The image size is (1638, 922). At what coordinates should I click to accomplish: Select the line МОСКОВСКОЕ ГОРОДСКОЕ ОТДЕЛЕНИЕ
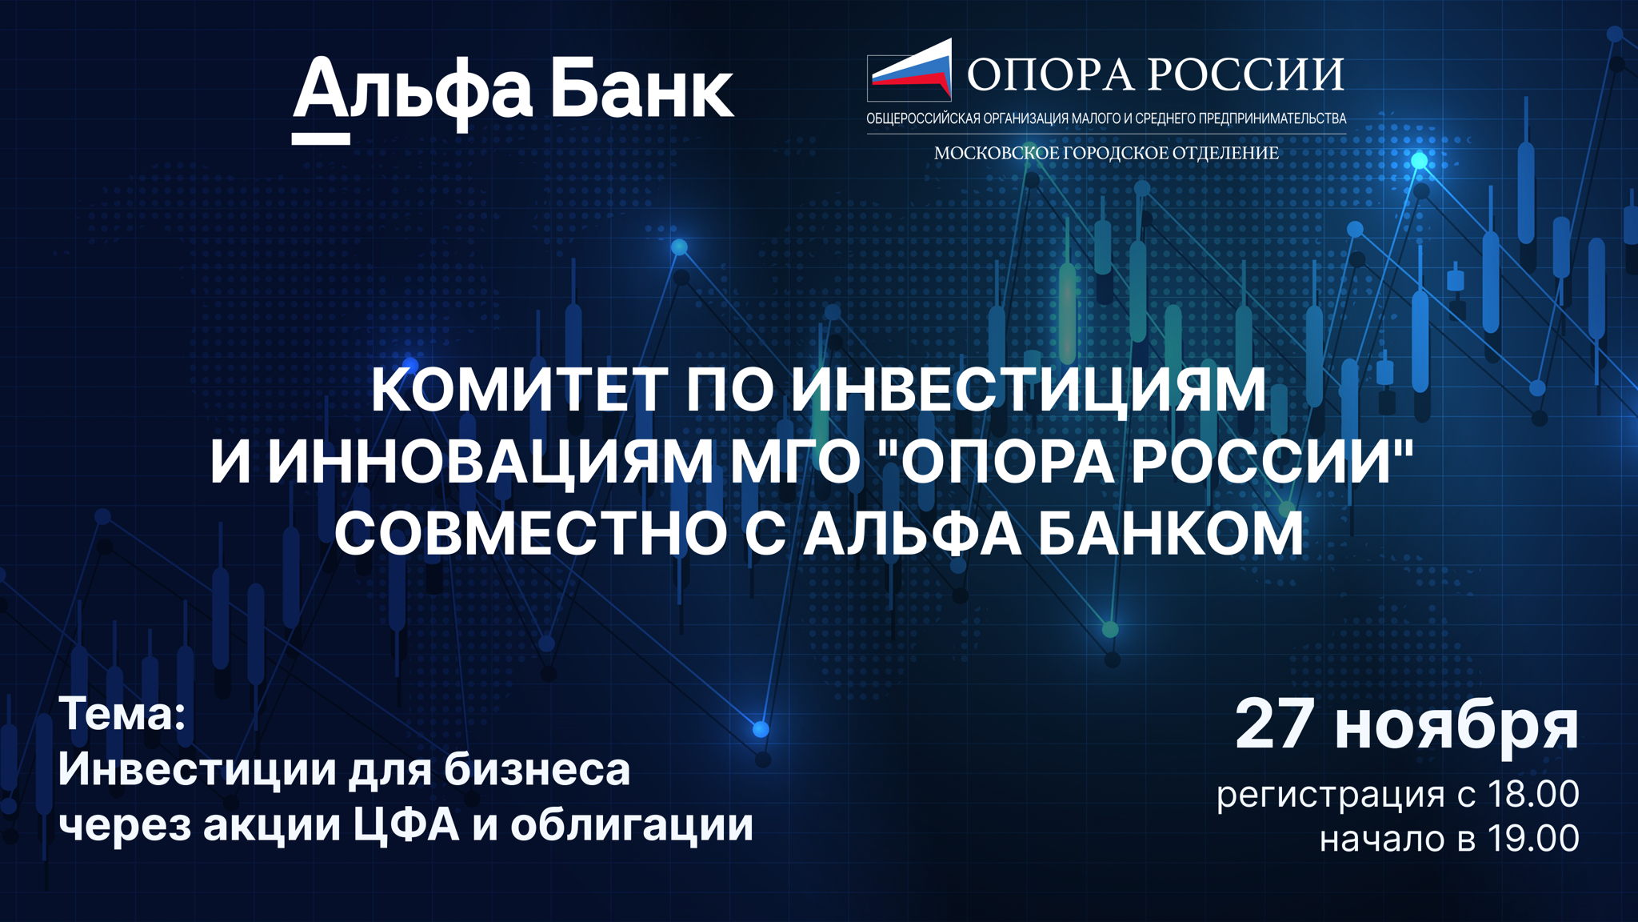(x=1106, y=153)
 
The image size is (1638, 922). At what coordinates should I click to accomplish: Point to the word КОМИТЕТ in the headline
(x=518, y=389)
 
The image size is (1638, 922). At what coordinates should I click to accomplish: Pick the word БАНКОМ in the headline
(x=1172, y=533)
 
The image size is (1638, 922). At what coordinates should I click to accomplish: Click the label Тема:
(x=122, y=713)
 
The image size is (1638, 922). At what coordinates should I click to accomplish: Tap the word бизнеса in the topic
(x=537, y=770)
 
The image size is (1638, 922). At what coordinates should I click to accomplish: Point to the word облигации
(x=632, y=825)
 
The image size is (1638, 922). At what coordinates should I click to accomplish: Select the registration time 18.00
(x=1532, y=794)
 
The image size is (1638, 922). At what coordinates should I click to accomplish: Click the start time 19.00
(x=1532, y=838)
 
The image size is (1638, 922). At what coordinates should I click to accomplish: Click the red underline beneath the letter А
(x=321, y=138)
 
